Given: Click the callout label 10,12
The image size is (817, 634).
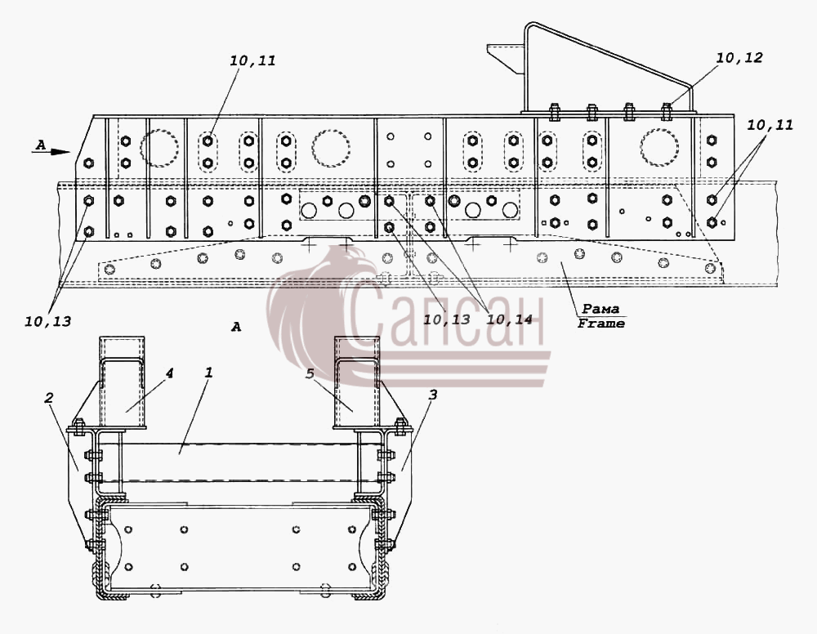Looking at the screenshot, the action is point(739,58).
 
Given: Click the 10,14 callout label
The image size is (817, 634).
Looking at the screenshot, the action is point(509,319).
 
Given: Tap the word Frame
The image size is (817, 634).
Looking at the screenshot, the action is point(600,324).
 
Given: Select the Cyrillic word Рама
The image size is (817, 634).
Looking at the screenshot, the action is point(600,309).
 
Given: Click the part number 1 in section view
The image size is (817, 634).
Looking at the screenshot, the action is point(208,373).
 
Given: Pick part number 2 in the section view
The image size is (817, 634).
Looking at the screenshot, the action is point(48,399).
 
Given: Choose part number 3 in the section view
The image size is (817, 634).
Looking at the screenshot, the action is point(432,395).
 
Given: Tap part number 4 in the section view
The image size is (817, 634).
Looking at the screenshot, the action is point(169,373).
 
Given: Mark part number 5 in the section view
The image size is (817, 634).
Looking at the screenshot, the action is point(311,374).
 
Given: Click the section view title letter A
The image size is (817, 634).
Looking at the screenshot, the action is point(236,327).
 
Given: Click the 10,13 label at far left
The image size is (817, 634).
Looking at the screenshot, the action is point(47,322).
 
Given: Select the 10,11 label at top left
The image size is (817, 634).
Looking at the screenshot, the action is point(252,61).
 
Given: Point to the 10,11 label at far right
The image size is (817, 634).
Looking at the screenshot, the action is point(770,125).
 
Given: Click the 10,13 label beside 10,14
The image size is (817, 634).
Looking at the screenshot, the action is point(447,319).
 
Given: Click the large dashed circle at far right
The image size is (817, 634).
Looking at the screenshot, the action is point(659,147).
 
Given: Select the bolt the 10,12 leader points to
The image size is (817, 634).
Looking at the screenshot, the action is point(667,111).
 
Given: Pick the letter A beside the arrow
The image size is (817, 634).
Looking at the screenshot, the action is point(40,145).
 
